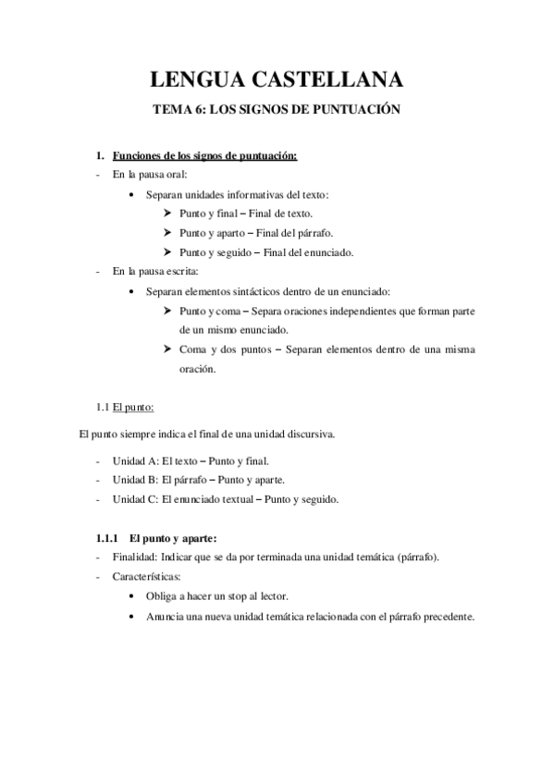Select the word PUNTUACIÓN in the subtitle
[x=358, y=110]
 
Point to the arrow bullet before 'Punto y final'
[x=166, y=213]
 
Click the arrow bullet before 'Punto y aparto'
[x=166, y=232]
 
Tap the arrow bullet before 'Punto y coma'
[x=166, y=311]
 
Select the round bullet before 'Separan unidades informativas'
[x=135, y=194]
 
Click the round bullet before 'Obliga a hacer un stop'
[x=135, y=597]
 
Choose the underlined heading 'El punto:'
[x=133, y=407]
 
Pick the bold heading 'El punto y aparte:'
[x=173, y=539]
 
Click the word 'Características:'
[x=147, y=577]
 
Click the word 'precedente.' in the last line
[x=446, y=617]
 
